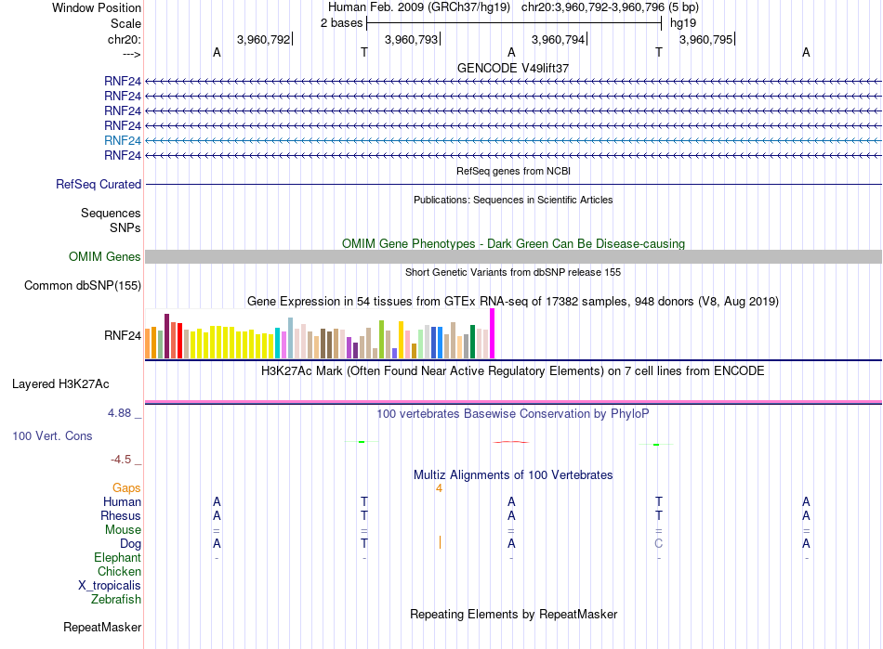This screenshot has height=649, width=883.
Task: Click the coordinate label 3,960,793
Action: [x=411, y=39]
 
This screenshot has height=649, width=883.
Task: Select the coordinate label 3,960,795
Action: [x=705, y=39]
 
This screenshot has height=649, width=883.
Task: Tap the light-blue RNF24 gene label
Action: [x=122, y=140]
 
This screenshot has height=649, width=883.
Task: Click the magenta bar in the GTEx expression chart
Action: [x=493, y=333]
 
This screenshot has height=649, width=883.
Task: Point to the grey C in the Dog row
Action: [x=658, y=543]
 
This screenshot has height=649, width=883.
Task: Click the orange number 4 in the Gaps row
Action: [x=439, y=488]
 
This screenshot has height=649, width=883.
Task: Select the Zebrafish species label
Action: [x=116, y=600]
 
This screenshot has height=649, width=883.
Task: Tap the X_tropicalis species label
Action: [x=110, y=586]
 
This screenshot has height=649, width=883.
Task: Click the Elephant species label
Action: [x=117, y=558]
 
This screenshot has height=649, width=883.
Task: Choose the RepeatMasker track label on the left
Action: [x=102, y=627]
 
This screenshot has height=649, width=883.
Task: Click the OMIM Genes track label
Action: [x=105, y=257]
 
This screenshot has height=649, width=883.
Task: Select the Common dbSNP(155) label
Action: [x=83, y=286]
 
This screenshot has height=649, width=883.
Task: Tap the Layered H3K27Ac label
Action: [x=60, y=384]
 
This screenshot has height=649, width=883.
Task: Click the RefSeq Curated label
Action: [x=99, y=185]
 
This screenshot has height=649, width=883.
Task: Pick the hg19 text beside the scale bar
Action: [x=683, y=23]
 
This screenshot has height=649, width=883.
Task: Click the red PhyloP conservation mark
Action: [x=511, y=442]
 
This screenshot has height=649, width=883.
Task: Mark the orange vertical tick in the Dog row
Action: [x=440, y=542]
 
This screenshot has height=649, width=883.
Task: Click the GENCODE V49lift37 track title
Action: [x=513, y=68]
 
